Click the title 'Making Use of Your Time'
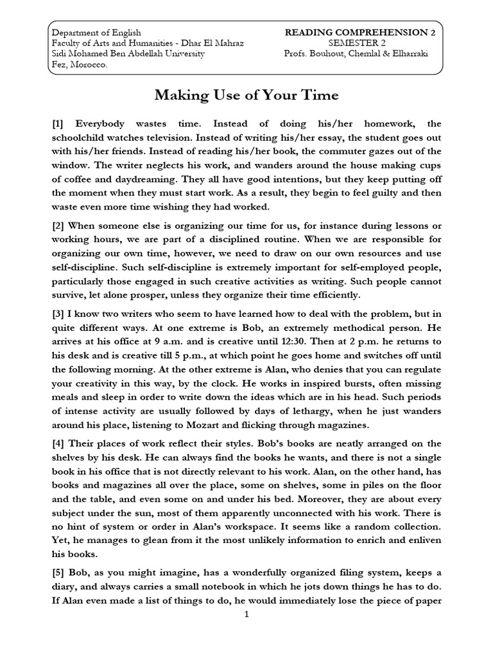pos(246,96)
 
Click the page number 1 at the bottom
pos(246,615)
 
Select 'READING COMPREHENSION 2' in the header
pos(356,32)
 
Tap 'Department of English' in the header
pos(96,32)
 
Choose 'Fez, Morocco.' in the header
pos(80,65)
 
